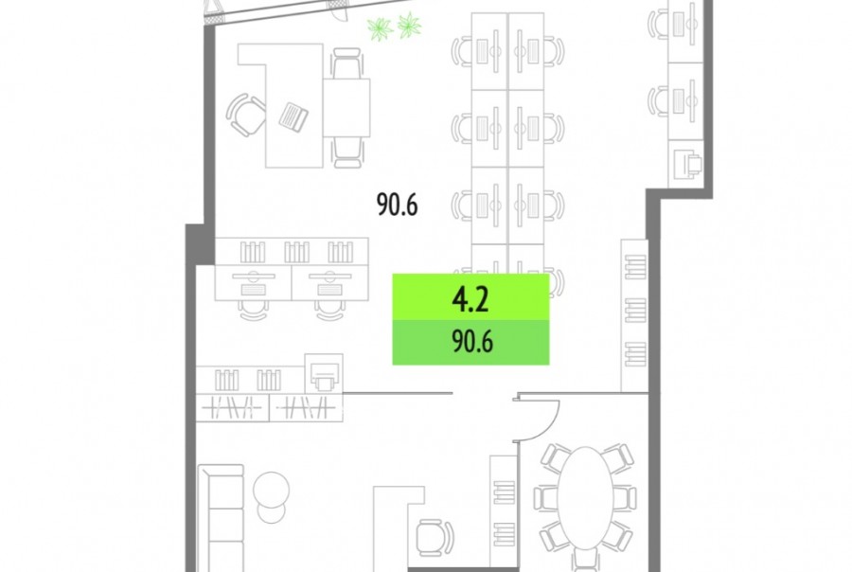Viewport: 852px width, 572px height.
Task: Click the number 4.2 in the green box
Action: tap(470, 299)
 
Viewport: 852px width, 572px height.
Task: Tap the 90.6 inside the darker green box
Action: tap(472, 343)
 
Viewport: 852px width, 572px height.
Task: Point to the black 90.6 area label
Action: tap(398, 205)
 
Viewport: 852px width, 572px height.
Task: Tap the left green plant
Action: tap(380, 28)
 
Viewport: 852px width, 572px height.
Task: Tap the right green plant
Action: tap(409, 25)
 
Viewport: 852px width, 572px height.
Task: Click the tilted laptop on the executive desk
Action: tap(293, 116)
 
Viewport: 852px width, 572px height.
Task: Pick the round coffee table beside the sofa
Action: tap(271, 489)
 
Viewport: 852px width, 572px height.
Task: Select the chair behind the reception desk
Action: tap(435, 537)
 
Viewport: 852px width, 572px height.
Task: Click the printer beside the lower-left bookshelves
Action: tap(324, 374)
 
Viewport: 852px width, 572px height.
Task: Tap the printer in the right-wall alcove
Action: tap(688, 163)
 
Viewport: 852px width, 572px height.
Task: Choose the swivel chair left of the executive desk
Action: tap(245, 115)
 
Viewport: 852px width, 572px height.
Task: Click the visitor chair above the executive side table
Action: tap(346, 63)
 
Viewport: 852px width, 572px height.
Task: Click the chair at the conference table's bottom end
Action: tap(585, 560)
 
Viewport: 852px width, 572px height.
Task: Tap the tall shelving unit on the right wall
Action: tap(634, 315)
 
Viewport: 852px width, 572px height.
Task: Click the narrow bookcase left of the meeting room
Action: tap(504, 511)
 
